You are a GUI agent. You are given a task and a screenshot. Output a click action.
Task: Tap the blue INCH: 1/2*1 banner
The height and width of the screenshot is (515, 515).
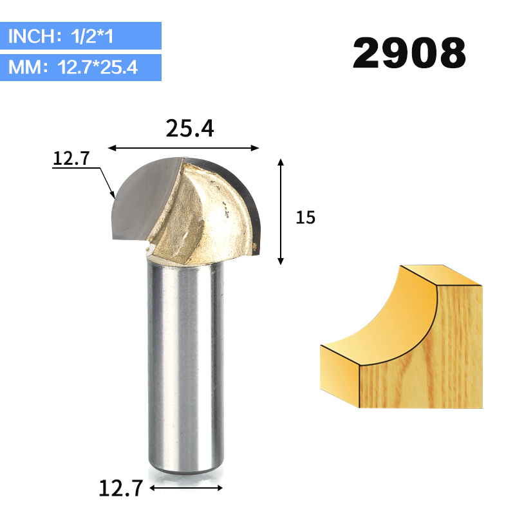click(80, 35)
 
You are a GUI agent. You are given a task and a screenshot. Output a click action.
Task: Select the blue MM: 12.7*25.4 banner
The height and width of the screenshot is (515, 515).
click(80, 67)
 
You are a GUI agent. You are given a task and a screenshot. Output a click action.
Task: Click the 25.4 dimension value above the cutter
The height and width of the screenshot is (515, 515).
click(189, 129)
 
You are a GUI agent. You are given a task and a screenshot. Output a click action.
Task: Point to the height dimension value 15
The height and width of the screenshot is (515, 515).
click(306, 218)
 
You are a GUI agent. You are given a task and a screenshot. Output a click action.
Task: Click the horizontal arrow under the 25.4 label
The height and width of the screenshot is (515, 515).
click(183, 148)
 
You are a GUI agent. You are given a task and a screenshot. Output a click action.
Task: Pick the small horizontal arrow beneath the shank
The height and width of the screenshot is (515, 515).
click(187, 488)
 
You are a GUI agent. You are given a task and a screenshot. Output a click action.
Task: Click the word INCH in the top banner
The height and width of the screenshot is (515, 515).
click(31, 35)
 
